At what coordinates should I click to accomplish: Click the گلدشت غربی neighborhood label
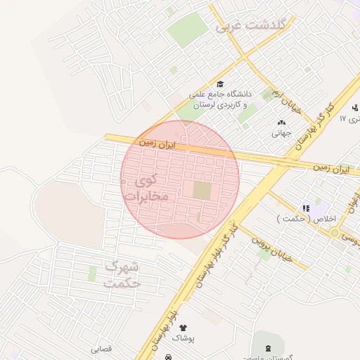pos(252,26)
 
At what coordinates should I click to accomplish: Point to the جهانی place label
pos(281,131)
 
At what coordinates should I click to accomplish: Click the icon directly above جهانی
pos(281,122)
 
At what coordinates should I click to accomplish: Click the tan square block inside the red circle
pos(202,190)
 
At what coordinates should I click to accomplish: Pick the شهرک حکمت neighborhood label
pos(123,275)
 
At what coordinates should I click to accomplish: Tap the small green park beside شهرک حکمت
pos(92,273)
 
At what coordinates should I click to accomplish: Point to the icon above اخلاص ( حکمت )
pos(306,208)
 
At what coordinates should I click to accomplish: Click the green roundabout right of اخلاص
pos(335,233)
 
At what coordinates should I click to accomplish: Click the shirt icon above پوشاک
pos(184,328)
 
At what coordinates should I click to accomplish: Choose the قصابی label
pos(101,349)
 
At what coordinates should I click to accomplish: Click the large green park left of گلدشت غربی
pos(188,30)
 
